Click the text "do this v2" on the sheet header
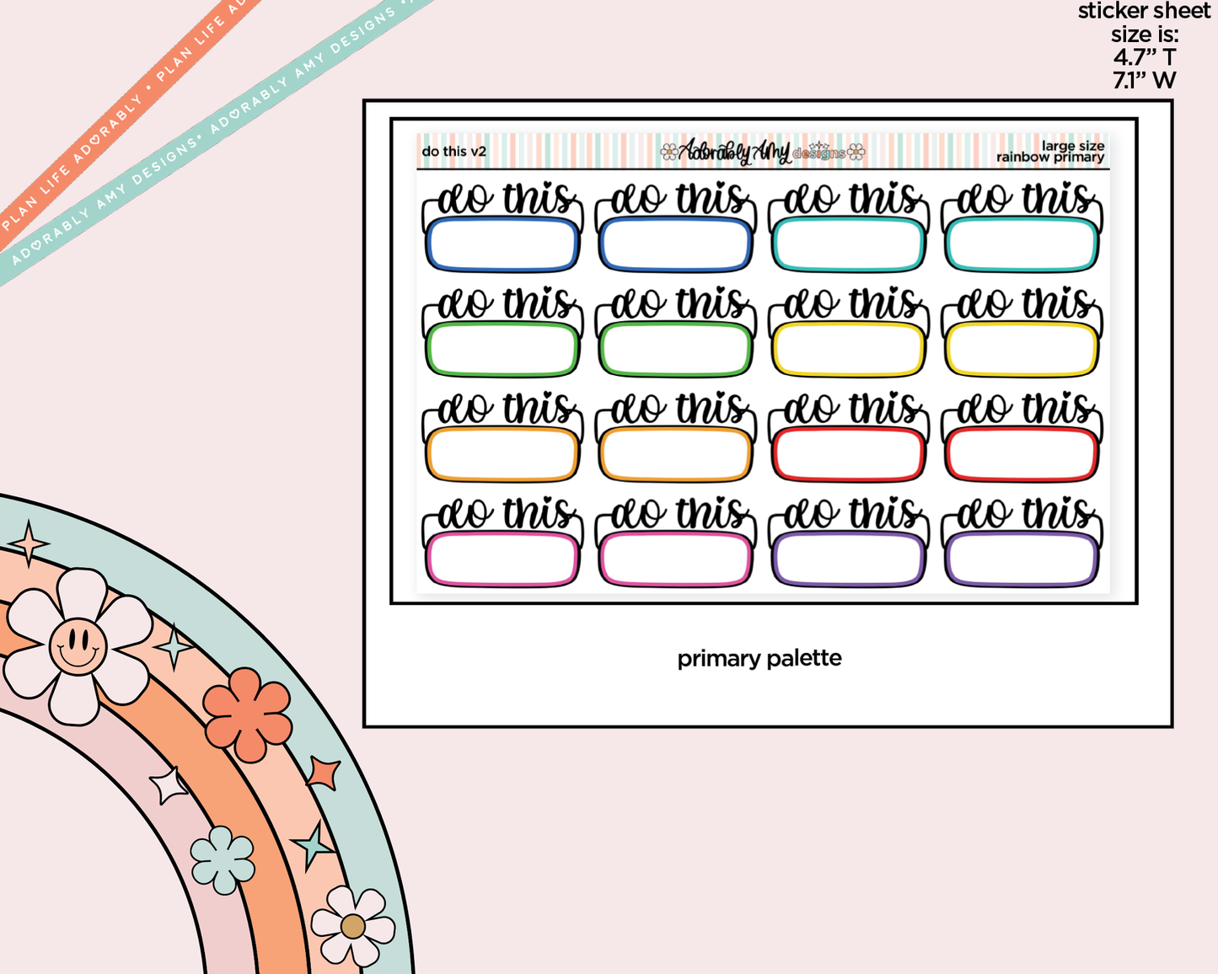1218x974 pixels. click(454, 152)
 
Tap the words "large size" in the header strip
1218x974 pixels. click(1073, 147)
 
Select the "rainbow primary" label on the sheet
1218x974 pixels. click(1050, 158)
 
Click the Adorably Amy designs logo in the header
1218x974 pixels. click(762, 152)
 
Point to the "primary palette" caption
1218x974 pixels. click(759, 658)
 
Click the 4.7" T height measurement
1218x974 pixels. click(1145, 57)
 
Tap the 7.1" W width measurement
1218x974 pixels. click(1145, 80)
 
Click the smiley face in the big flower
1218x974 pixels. click(78, 645)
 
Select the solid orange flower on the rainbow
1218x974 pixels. click(247, 714)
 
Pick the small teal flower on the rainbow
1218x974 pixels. click(222, 859)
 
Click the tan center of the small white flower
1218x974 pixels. click(352, 927)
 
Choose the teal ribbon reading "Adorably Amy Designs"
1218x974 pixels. click(215, 136)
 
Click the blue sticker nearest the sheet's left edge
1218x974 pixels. click(502, 227)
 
